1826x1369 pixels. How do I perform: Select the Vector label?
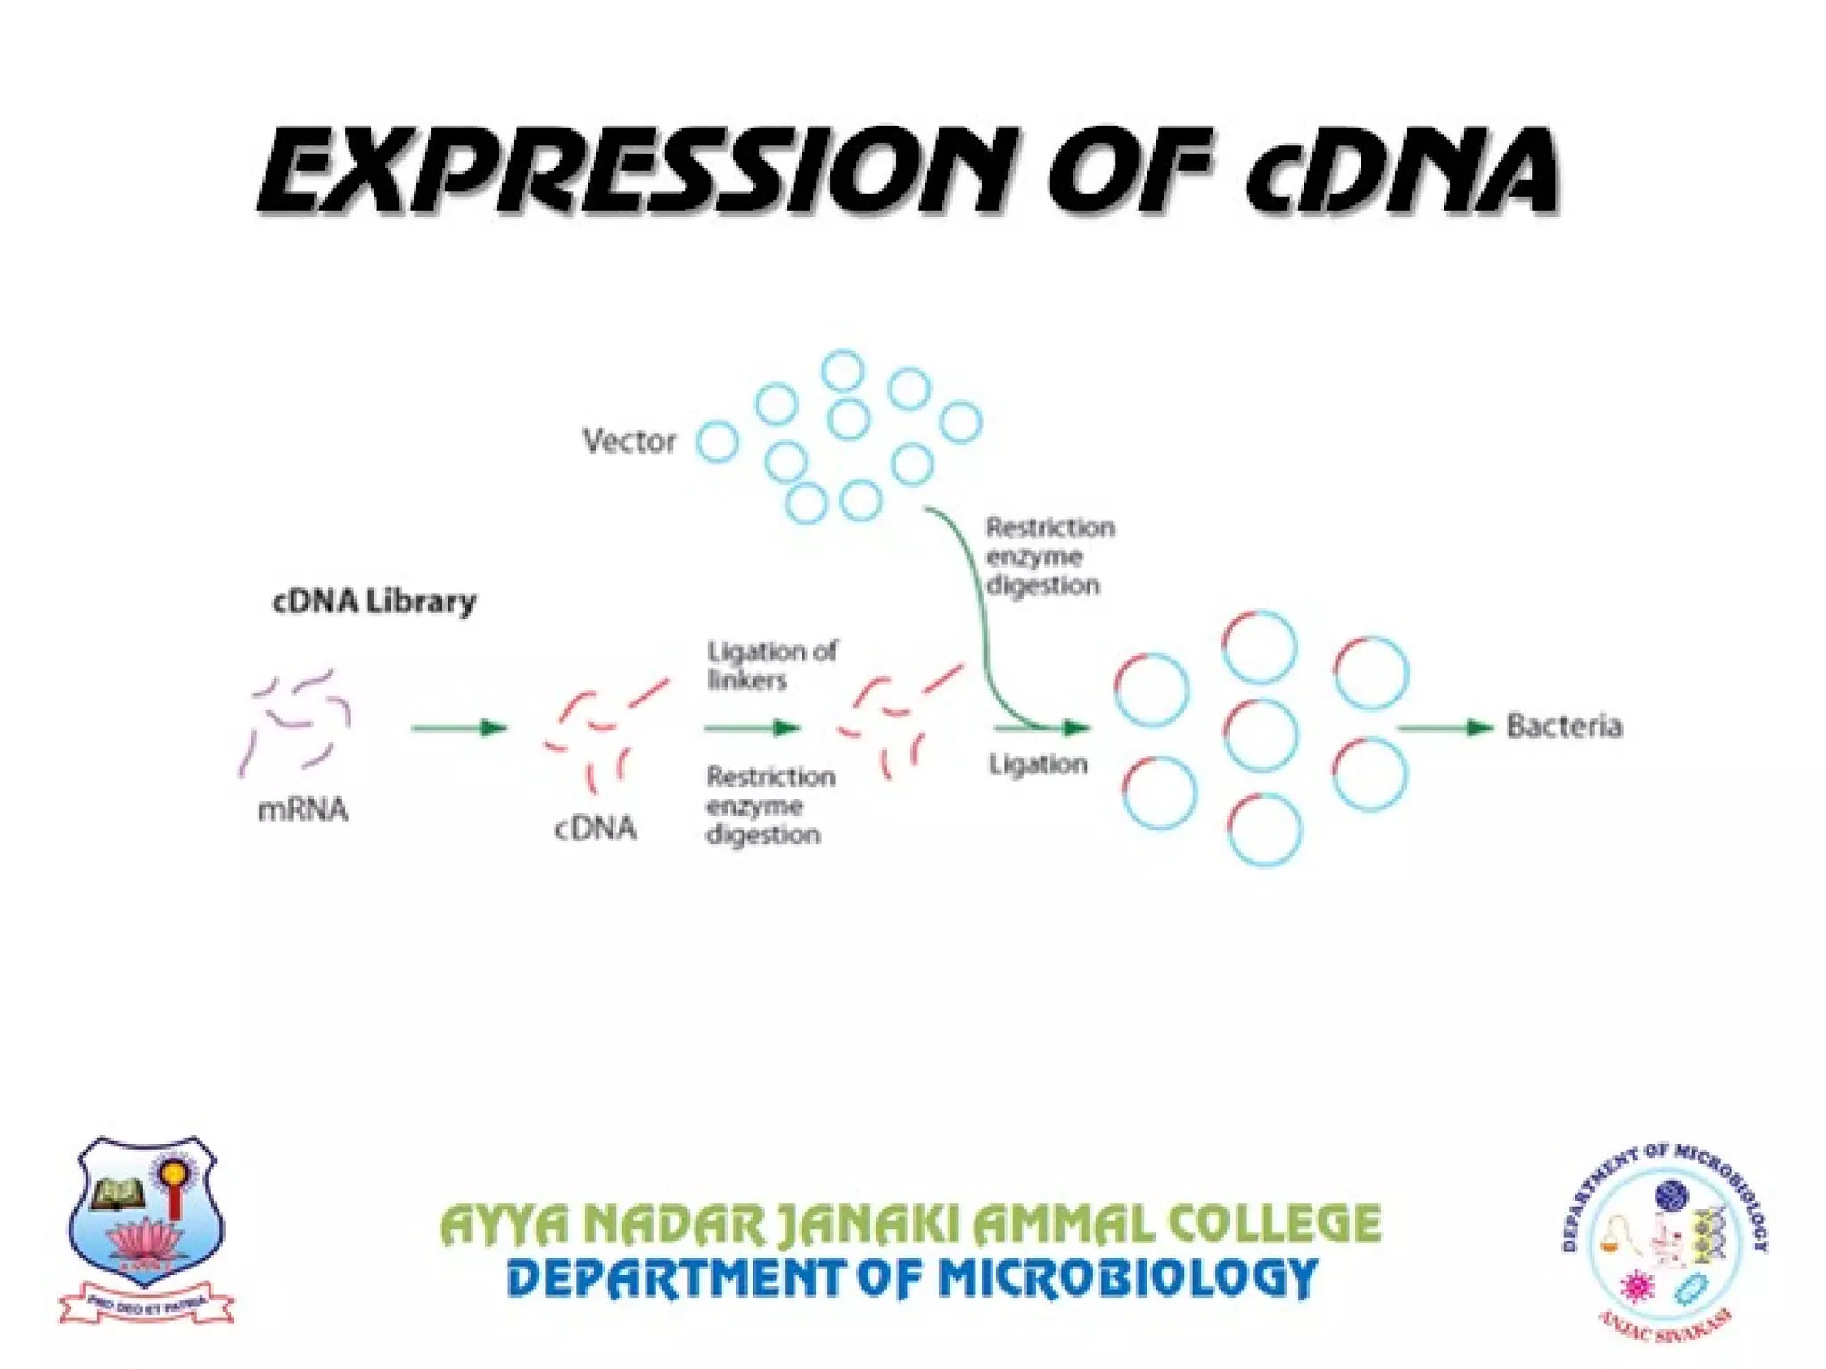point(629,440)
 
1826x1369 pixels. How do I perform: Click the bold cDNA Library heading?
point(374,602)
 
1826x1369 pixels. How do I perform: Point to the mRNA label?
point(302,809)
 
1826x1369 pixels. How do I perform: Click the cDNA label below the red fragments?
point(595,828)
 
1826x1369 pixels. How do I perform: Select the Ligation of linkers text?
point(770,665)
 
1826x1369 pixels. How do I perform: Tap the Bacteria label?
point(1564,725)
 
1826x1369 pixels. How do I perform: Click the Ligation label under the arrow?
point(1037,764)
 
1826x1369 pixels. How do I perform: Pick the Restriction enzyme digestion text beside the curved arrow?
point(1049,556)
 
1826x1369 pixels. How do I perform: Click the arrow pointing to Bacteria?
point(1444,727)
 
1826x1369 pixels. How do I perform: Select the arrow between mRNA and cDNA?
point(458,727)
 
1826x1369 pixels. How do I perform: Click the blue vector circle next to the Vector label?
point(718,441)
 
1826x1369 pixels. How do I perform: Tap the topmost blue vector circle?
point(843,371)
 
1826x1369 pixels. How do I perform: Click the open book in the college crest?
point(119,1193)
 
